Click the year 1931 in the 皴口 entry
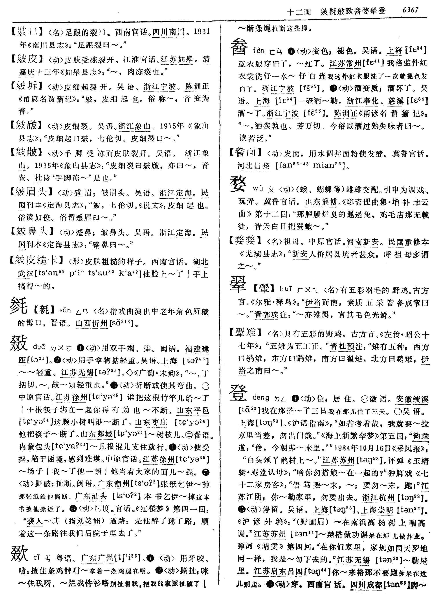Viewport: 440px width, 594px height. pos(202,32)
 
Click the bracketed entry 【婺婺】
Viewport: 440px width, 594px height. pos(246,240)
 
